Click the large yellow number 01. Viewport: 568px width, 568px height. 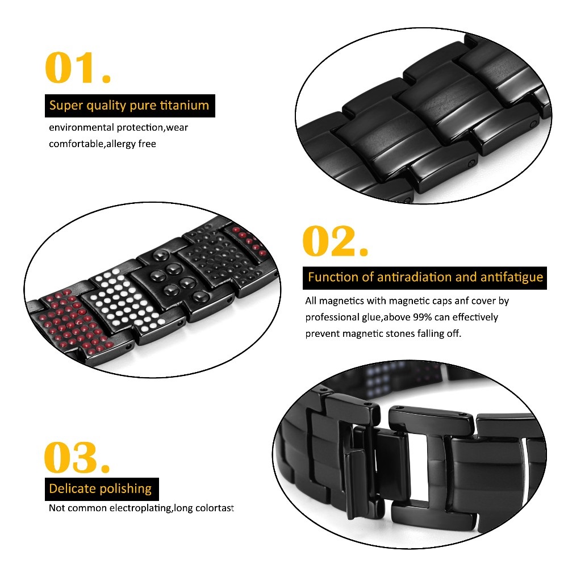(x=77, y=68)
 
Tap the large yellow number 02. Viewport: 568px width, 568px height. (x=335, y=241)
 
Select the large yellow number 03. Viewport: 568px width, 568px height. (x=77, y=457)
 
